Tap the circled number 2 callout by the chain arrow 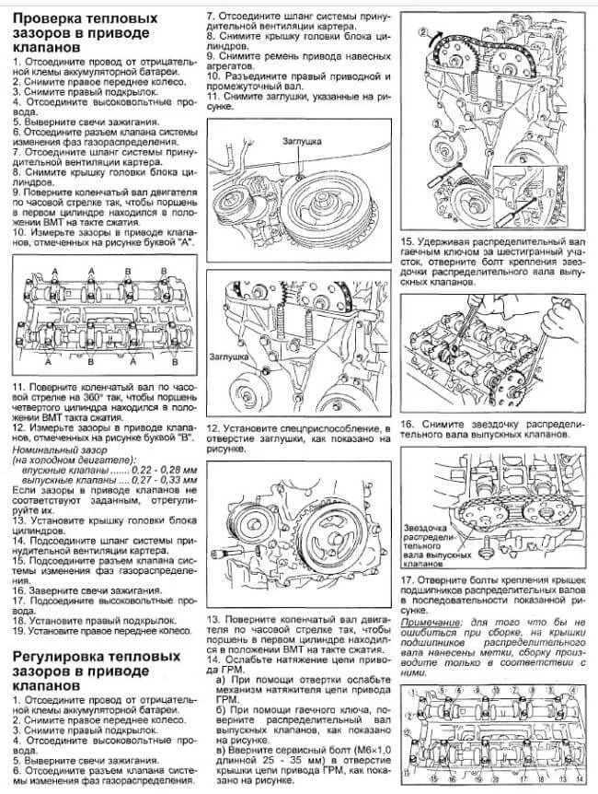pyautogui.click(x=423, y=33)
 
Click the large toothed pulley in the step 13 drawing pyautogui.click(x=327, y=531)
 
